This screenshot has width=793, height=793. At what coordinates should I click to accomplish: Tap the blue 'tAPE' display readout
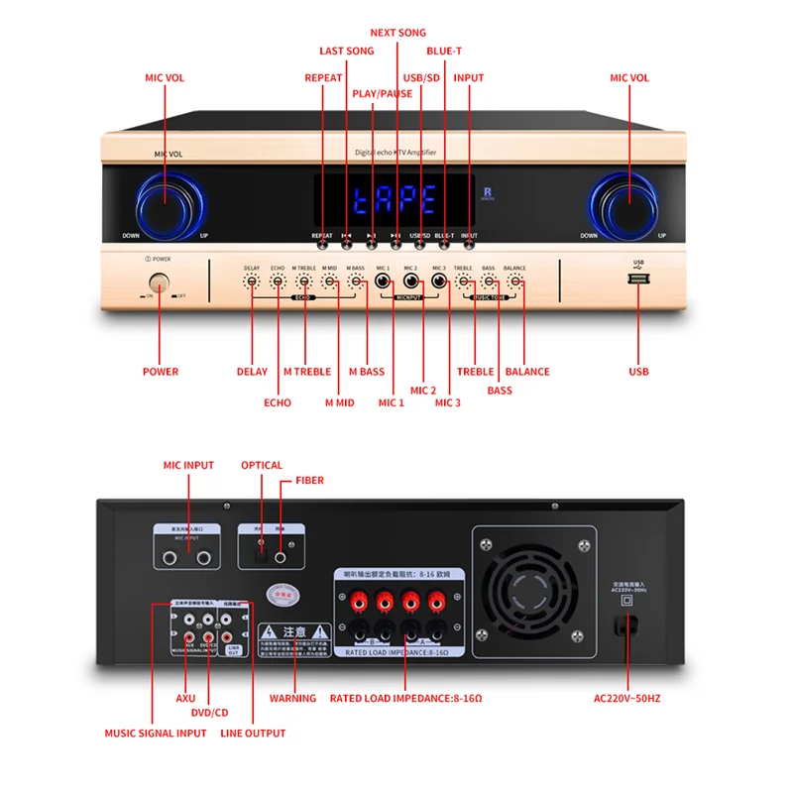(395, 199)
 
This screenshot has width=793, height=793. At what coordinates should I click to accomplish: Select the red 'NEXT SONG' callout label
(397, 33)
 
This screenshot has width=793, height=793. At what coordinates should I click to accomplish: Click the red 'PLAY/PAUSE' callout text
(383, 93)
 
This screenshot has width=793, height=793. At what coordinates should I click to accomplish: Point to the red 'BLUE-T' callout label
(444, 51)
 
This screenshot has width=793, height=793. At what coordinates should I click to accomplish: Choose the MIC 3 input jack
(438, 283)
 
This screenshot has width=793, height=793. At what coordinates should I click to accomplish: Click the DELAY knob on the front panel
(252, 283)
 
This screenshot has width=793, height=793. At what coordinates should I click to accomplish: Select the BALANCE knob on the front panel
(514, 283)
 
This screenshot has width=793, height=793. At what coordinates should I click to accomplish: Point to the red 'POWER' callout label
(161, 372)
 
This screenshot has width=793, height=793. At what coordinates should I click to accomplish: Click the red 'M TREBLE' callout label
(307, 372)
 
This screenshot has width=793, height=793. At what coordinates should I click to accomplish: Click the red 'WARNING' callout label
(293, 698)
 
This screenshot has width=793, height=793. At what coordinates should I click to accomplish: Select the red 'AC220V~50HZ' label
(627, 698)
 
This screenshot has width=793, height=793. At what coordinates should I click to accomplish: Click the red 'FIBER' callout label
(309, 481)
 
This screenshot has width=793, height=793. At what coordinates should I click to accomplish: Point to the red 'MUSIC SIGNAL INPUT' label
(156, 734)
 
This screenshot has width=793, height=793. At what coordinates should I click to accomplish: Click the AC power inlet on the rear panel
(625, 625)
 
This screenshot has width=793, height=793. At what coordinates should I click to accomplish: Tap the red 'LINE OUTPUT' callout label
(253, 734)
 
